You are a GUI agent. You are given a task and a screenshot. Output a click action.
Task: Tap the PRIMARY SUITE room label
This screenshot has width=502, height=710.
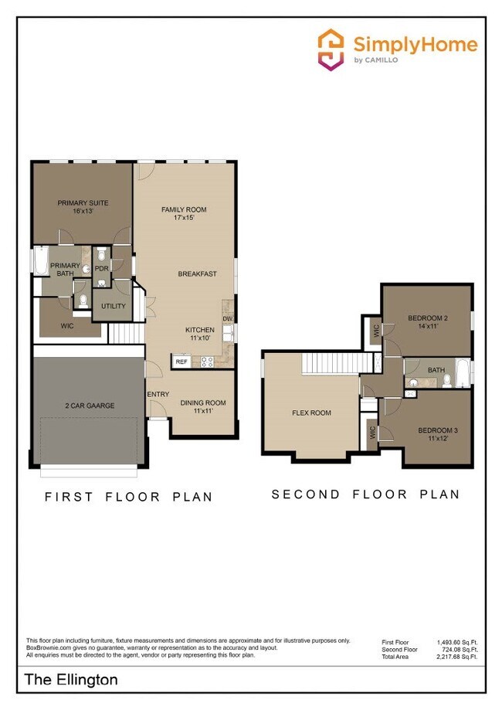coord(83,203)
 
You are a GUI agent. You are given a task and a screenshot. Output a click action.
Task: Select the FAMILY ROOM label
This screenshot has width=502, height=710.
coord(184,209)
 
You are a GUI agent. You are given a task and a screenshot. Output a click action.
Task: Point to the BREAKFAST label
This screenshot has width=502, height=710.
coord(197,273)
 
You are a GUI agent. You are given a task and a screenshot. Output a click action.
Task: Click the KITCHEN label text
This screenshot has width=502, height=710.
coord(199,330)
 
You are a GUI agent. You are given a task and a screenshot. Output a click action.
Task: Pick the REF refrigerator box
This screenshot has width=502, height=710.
coord(181,361)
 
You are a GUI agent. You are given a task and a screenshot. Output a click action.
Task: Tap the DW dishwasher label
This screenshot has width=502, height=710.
coord(228,318)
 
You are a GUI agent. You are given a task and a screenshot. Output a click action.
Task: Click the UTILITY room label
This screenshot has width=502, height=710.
coord(113,307)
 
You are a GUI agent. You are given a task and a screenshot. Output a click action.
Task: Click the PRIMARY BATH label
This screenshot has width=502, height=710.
coord(65,270)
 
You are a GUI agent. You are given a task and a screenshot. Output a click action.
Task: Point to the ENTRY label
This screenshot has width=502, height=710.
coord(158,395)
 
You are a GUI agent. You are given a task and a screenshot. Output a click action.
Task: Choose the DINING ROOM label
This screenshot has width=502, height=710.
coord(203,403)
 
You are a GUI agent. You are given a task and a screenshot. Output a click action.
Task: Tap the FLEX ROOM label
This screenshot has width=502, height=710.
coord(311,413)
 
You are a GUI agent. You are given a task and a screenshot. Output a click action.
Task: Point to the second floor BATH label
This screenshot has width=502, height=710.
coord(436,370)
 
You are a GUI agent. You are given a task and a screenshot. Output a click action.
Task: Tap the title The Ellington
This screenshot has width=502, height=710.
coord(72,680)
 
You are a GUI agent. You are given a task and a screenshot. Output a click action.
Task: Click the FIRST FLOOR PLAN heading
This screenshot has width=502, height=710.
coord(127,497)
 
